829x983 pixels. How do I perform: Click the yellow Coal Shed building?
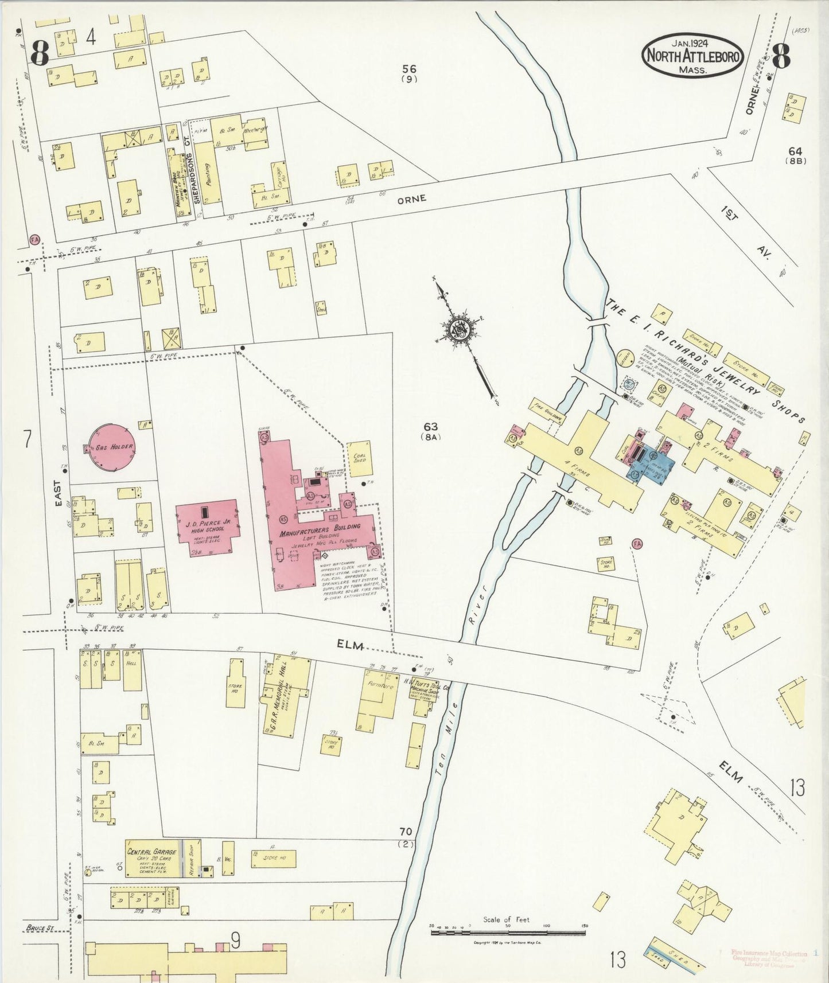tap(360, 459)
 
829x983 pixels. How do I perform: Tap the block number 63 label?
tap(431, 427)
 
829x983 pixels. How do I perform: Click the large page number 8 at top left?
tap(39, 55)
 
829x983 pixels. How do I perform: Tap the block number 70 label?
tap(406, 831)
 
